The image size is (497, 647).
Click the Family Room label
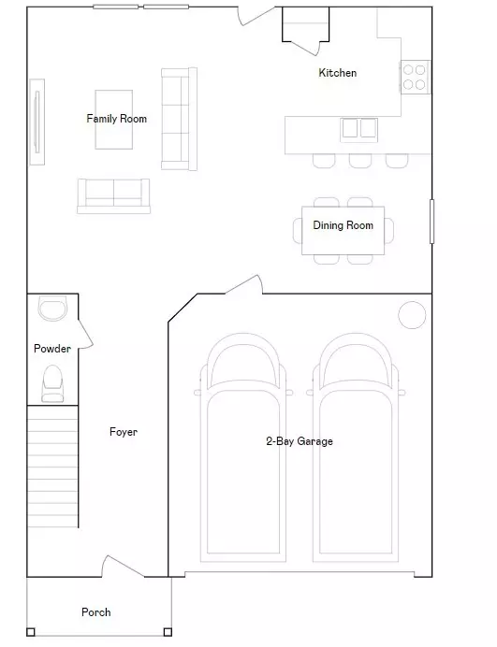point(116,119)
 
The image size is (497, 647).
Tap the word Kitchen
point(338,73)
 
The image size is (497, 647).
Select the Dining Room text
point(343,225)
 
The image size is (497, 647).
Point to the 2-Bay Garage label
point(299,441)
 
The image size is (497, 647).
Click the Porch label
point(95,612)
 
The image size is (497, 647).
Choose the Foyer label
point(123,432)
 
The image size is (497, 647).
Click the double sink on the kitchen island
point(358,128)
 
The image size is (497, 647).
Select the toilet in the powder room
point(52,381)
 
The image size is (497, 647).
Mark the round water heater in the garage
point(412,315)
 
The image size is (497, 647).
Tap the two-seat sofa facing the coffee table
point(113,194)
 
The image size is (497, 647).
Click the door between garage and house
point(243,285)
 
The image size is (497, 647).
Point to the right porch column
point(168,631)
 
